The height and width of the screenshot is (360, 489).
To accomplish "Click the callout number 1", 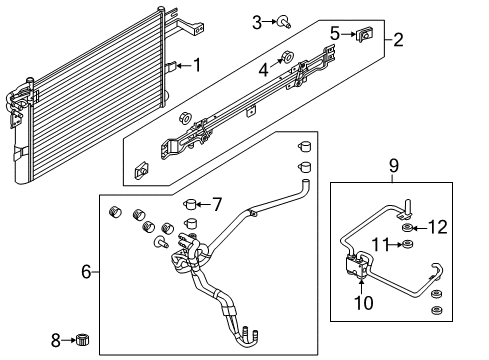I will [197, 66].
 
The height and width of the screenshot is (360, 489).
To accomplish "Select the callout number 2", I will [399, 41].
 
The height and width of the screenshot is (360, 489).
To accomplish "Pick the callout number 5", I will [336, 33].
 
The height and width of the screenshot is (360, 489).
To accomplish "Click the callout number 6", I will [86, 271].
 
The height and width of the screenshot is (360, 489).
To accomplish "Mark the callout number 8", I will [56, 340].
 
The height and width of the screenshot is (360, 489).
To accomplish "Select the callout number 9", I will [394, 164].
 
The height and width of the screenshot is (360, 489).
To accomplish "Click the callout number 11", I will [378, 243].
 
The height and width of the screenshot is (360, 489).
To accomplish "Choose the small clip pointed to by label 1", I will [172, 67].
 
